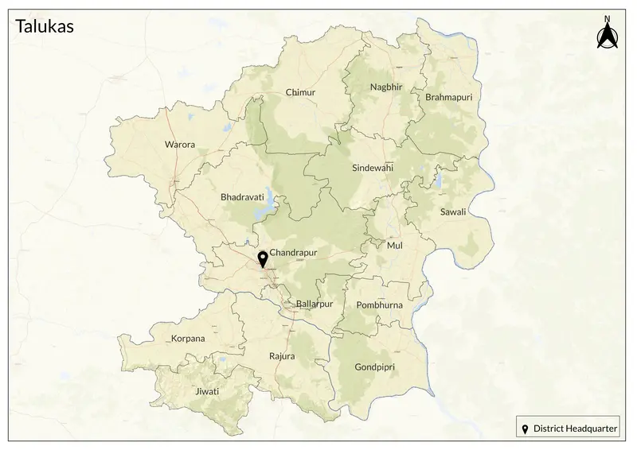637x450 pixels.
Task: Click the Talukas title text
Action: coord(45,27)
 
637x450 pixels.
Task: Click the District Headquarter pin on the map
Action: coord(263,259)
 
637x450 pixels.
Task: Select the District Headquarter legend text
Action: coord(576,429)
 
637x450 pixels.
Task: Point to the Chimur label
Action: coord(300,93)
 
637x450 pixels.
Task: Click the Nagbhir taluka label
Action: coord(386,87)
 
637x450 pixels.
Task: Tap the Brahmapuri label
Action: coord(449,97)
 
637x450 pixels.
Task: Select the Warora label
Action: coord(179,145)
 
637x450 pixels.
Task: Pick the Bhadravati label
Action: coord(241,196)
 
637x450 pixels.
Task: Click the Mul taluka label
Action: coord(394,246)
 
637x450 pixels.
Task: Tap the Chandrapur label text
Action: coord(294,253)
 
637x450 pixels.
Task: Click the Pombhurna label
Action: coord(380,305)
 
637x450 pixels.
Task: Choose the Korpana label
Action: coord(188,339)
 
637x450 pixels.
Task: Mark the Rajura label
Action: coord(282,356)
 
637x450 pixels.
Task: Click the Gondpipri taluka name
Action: coord(373,367)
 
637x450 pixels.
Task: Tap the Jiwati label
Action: coord(206,392)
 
